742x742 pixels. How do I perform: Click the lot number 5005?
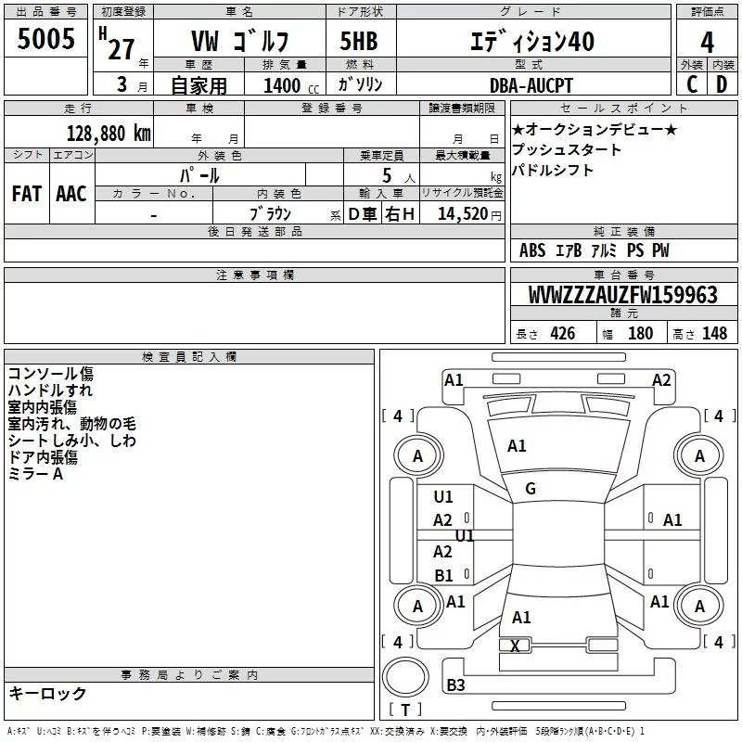[46, 40]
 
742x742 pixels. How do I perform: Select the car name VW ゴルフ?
[239, 42]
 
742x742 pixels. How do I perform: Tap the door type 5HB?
[358, 42]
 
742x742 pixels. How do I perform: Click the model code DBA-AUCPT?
[531, 86]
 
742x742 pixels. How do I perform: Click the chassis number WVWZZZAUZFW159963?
[622, 296]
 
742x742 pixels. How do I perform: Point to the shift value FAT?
[27, 194]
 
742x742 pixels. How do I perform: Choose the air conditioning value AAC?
[71, 194]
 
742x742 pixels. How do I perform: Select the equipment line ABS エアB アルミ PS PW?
[594, 250]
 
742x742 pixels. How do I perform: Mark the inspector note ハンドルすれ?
[50, 390]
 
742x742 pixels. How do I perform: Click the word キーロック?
[47, 694]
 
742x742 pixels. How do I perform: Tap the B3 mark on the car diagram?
[455, 685]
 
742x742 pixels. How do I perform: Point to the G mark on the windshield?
[531, 489]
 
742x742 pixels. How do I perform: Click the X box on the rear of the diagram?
[516, 646]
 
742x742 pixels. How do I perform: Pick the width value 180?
[640, 334]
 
